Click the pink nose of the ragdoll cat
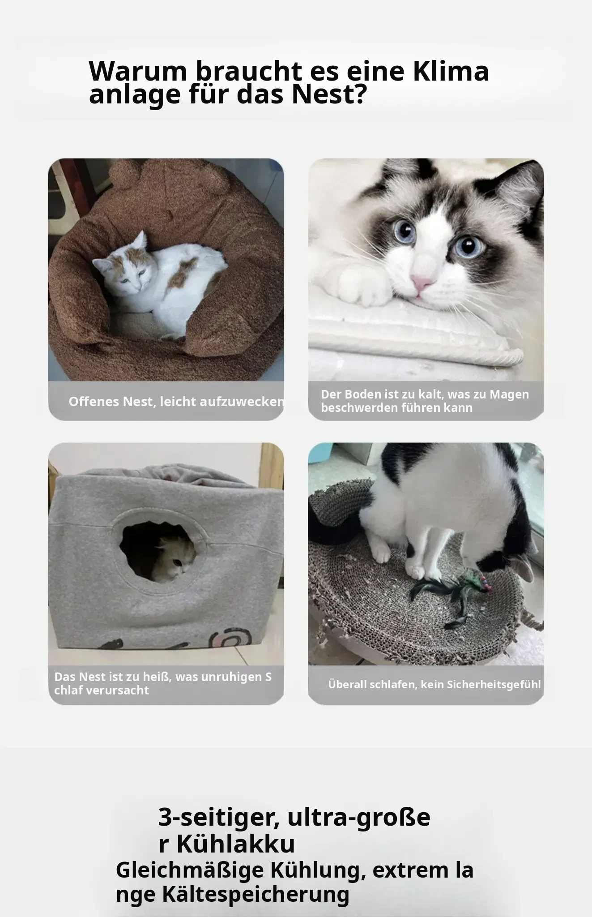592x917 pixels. [422, 283]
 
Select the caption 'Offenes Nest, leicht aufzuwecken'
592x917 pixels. [176, 402]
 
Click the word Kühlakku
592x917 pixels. [236, 844]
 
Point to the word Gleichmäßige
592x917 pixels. [190, 871]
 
